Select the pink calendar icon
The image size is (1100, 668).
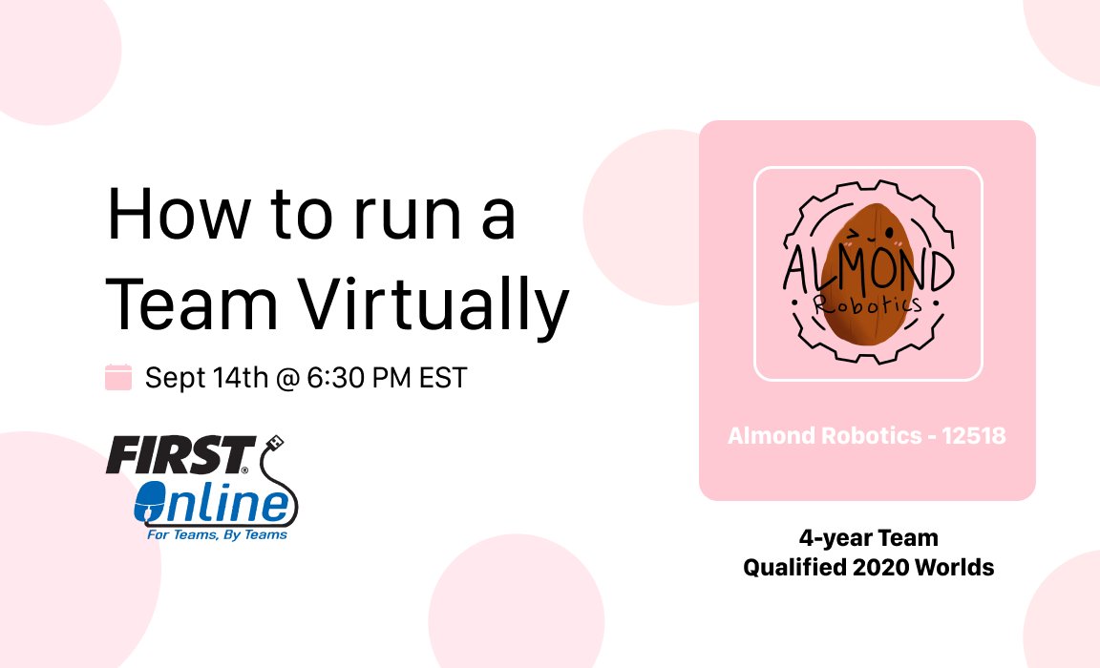pyautogui.click(x=118, y=377)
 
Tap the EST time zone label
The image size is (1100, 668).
pyautogui.click(x=446, y=378)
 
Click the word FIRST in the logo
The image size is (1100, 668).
pyautogui.click(x=179, y=457)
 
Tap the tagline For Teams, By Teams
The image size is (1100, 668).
pyautogui.click(x=217, y=535)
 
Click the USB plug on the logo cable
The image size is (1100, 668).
pyautogui.click(x=274, y=442)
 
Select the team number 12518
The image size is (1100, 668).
pyautogui.click(x=975, y=436)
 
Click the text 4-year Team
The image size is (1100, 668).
pyautogui.click(x=869, y=538)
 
